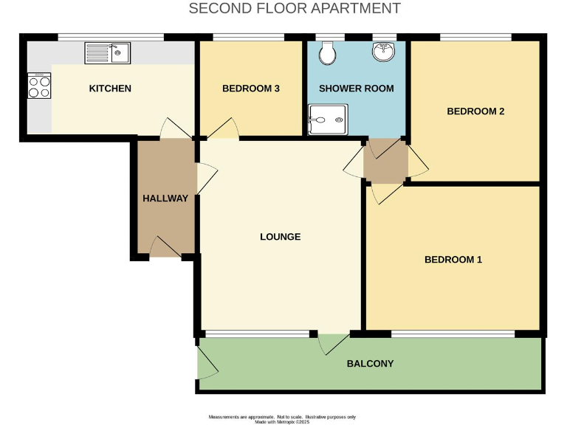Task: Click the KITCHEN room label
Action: coord(110,89)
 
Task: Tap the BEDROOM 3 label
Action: coord(250,89)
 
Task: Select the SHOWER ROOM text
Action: coord(356,89)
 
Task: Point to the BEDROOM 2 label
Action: coord(475,111)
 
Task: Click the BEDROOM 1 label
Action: coord(453,260)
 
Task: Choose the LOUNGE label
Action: coord(280,237)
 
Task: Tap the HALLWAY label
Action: coord(165,198)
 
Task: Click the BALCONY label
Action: coord(370,364)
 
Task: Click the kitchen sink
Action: coord(107,52)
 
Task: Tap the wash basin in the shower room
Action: coord(383,51)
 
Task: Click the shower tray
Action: coord(327,120)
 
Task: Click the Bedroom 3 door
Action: coord(223,130)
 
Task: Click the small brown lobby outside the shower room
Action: coord(385,161)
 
